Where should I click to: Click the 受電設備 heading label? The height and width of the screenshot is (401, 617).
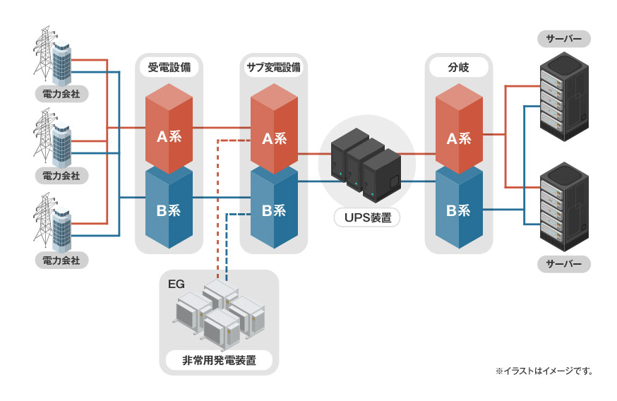pyautogui.click(x=169, y=68)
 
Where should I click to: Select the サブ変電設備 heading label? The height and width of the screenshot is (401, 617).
pyautogui.click(x=273, y=68)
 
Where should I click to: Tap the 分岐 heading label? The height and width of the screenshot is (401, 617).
pyautogui.click(x=458, y=68)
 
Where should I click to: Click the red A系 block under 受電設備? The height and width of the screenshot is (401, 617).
pyautogui.click(x=169, y=131)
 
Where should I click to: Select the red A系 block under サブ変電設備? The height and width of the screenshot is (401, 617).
pyautogui.click(x=274, y=134)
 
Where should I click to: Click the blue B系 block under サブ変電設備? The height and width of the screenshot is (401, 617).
pyautogui.click(x=274, y=210)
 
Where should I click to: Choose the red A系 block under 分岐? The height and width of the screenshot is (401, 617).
pyautogui.click(x=459, y=134)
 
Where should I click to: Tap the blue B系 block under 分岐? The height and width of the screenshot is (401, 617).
pyautogui.click(x=459, y=210)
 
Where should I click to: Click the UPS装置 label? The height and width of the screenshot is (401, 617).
pyautogui.click(x=367, y=217)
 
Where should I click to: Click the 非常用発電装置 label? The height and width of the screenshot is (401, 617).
pyautogui.click(x=219, y=361)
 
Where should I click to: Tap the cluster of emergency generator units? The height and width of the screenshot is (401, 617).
pyautogui.click(x=219, y=314)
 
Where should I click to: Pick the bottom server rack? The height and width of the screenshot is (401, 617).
pyautogui.click(x=563, y=206)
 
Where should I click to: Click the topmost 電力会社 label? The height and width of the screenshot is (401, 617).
pyautogui.click(x=61, y=92)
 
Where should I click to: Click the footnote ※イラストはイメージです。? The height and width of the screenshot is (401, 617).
pyautogui.click(x=544, y=371)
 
